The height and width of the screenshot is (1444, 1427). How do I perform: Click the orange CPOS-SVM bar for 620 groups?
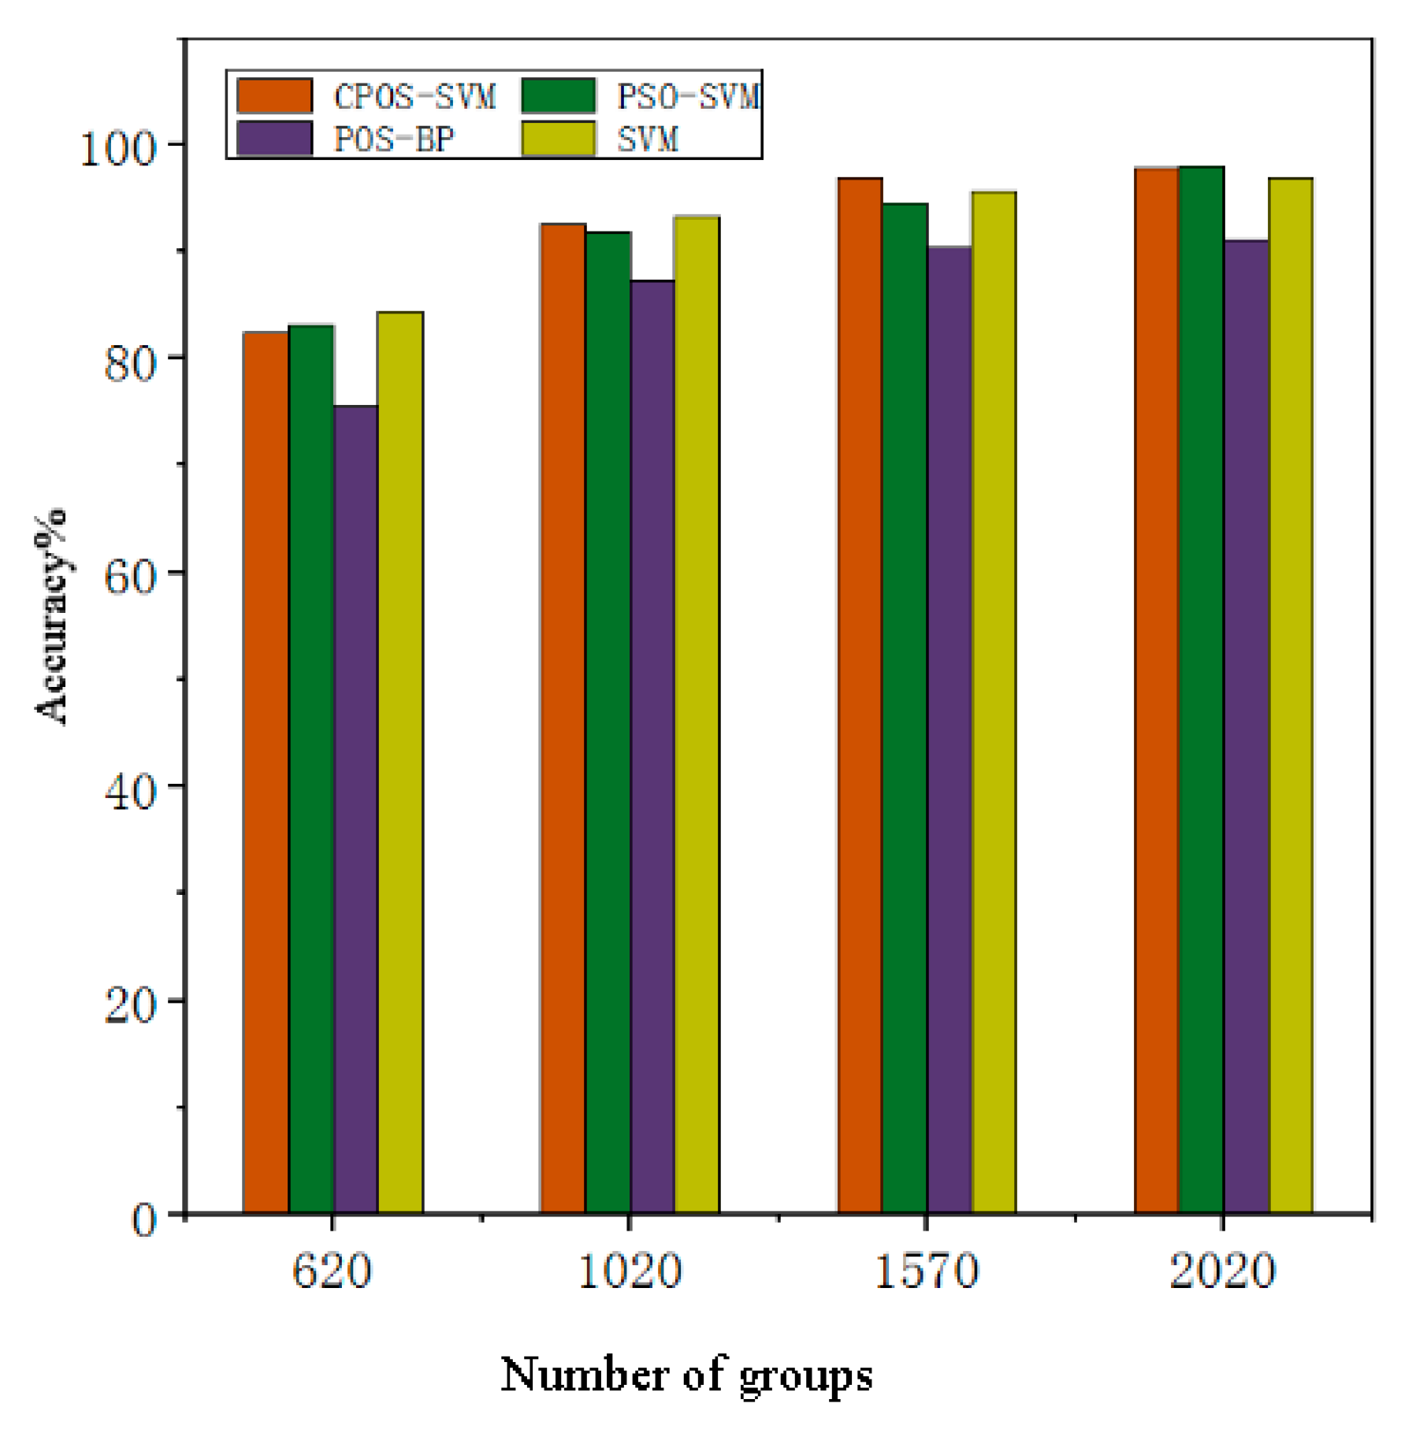click(x=266, y=772)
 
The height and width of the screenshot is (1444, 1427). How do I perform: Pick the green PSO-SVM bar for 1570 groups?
click(x=905, y=708)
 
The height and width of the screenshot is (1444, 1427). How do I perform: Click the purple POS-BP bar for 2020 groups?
click(x=1246, y=726)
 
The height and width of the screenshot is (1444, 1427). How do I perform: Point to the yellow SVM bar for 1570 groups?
click(x=994, y=702)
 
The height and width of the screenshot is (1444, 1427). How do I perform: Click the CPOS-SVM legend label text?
click(x=414, y=97)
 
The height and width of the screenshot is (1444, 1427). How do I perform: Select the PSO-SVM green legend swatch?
click(x=558, y=96)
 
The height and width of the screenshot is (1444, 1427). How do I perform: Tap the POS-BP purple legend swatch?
click(x=274, y=139)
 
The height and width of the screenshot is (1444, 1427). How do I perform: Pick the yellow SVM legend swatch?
click(x=558, y=139)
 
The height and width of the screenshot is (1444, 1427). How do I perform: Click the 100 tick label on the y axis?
click(x=118, y=147)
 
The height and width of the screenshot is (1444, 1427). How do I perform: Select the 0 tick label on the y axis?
click(x=143, y=1219)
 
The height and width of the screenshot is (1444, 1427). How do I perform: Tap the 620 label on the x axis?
click(x=332, y=1271)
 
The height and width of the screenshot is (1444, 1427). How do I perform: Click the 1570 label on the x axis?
click(x=927, y=1271)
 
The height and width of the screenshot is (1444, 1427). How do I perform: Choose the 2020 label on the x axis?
click(x=1222, y=1271)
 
